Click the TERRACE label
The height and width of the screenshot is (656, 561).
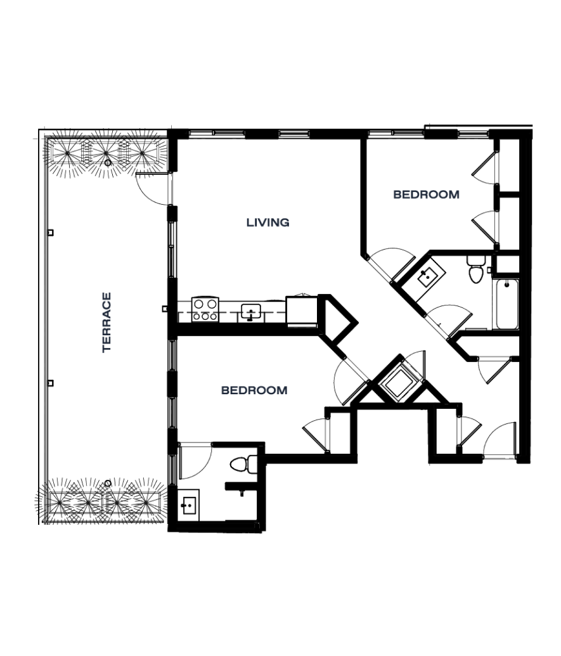pos(106,322)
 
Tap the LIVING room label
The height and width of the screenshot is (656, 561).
pos(268,222)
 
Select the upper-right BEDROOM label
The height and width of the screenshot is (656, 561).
pos(426,195)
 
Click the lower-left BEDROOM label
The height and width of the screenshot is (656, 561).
pos(254,390)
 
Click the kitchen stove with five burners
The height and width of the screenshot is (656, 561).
pos(205,309)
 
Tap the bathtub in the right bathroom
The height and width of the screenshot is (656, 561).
pos(507,304)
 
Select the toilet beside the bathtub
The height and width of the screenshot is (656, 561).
pos(475,269)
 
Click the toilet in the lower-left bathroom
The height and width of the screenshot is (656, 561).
pos(244,465)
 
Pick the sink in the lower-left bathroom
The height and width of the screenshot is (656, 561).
pos(188,505)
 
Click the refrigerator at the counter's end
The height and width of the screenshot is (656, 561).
pos(301,310)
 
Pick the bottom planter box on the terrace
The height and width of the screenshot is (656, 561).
pos(105,502)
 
